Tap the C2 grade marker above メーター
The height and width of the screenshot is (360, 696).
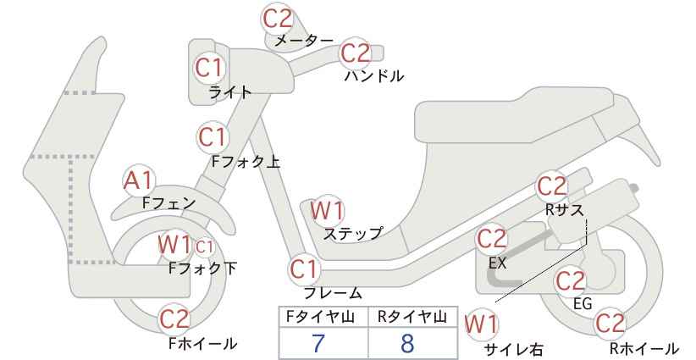point(278,19)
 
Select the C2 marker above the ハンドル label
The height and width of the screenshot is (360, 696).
point(356,53)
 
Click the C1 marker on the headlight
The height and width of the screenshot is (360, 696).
point(209,68)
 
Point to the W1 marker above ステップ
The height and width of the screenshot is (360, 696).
point(327,210)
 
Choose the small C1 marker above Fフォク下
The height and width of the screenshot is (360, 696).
point(205,247)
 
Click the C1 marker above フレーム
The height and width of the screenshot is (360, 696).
point(305,269)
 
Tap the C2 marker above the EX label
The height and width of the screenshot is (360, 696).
point(491,239)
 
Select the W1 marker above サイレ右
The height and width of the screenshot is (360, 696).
point(482,325)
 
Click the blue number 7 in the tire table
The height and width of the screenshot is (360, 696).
point(318,343)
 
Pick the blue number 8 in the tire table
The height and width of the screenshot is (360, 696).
point(406,343)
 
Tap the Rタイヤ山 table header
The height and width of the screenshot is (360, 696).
point(412,317)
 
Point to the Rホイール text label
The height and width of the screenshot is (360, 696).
point(644,348)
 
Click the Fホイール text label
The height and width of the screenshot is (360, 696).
point(203,343)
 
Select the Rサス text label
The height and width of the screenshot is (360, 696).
point(564,209)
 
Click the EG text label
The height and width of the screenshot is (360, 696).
point(583,303)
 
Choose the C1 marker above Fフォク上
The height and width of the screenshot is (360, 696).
point(213,137)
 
